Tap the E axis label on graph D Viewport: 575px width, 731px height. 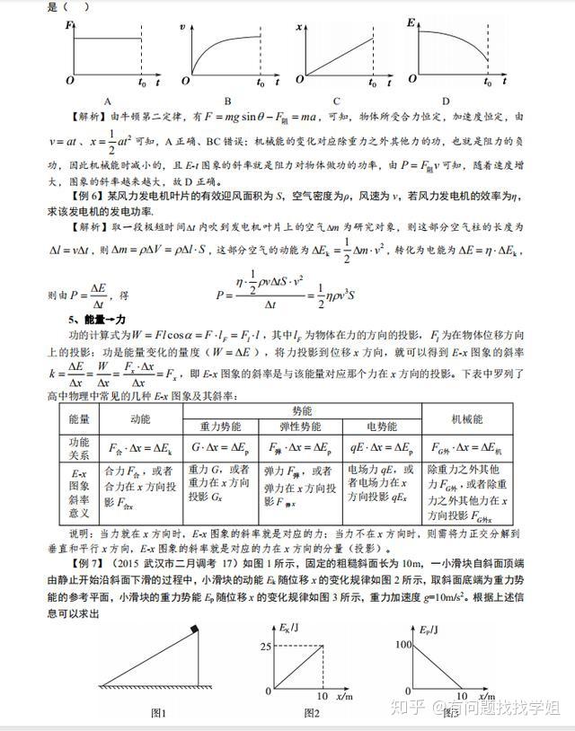tap(411, 21)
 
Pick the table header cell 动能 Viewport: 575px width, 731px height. tap(140, 418)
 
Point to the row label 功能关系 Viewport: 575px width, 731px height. tap(78, 446)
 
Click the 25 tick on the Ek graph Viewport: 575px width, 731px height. tap(267, 646)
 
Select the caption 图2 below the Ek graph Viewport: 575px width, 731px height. tap(311, 712)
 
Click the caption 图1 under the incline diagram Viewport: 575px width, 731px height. tap(158, 712)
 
